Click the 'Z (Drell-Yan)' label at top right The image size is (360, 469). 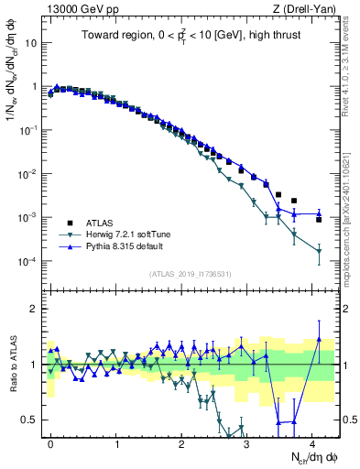pos(307,8)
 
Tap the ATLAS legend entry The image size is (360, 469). pos(101,223)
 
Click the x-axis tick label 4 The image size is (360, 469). pos(312,442)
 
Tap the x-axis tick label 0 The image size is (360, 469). pos(50,442)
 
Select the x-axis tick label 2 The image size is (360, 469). pos(181,442)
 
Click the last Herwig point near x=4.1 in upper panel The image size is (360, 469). pos(319,251)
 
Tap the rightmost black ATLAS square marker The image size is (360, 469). pos(319,220)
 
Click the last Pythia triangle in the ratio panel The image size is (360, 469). pos(319,339)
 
